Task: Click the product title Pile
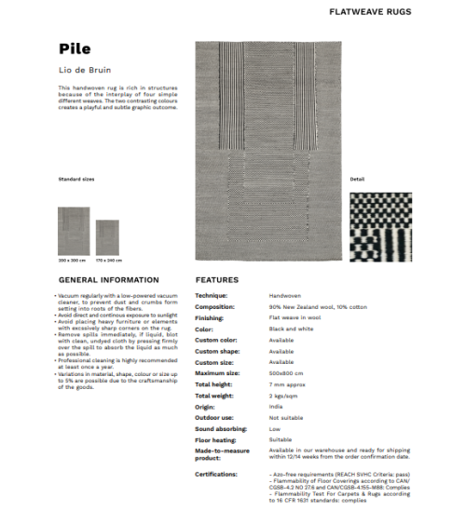pos(74,49)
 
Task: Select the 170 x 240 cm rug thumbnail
pos(108,237)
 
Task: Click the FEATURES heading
pos(216,279)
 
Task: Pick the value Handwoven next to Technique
pos(283,295)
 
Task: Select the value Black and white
pos(289,329)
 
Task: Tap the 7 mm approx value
pos(288,383)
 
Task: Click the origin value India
pos(275,406)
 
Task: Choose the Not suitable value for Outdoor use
pos(286,417)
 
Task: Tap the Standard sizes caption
pos(76,178)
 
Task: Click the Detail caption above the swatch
pos(357,178)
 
